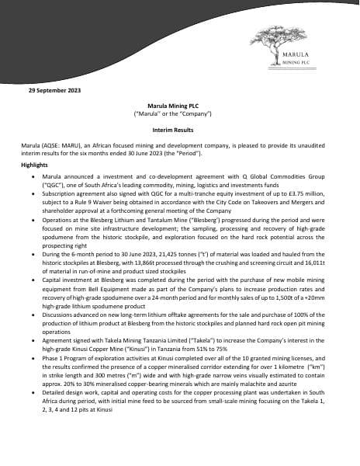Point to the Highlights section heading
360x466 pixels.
pyautogui.click(x=34, y=165)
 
